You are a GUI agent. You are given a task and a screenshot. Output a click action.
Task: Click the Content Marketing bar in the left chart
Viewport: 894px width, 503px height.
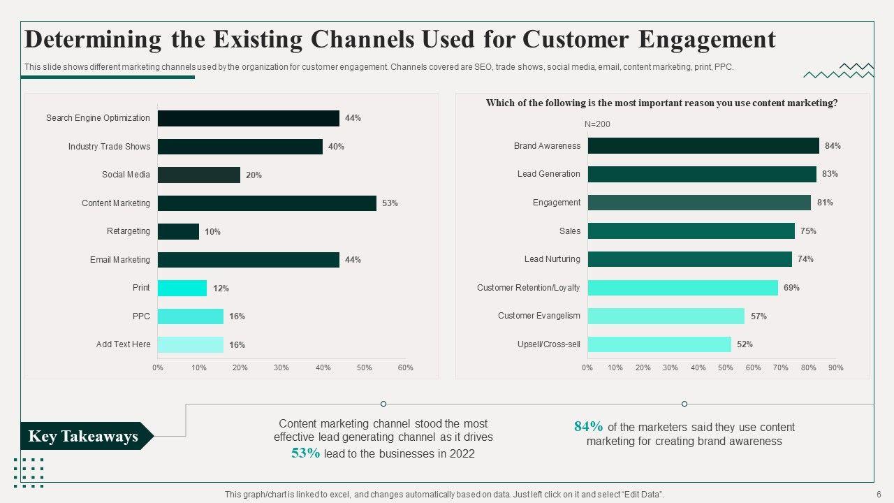(267, 203)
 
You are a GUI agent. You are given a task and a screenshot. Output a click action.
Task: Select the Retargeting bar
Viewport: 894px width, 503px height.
(178, 231)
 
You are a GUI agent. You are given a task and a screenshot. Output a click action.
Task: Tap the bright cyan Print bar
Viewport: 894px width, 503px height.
(182, 288)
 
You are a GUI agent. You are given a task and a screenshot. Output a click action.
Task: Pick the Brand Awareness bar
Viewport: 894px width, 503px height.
(703, 146)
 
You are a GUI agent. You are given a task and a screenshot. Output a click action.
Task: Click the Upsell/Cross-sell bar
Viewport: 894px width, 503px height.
(659, 344)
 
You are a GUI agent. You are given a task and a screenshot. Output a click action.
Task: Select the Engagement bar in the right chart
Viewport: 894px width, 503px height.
(699, 203)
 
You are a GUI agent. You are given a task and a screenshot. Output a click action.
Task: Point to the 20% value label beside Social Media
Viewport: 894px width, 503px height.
(254, 175)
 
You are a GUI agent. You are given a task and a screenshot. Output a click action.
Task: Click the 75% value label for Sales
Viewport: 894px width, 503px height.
(808, 231)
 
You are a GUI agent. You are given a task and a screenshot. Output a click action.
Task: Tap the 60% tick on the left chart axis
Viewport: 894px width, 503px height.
(406, 367)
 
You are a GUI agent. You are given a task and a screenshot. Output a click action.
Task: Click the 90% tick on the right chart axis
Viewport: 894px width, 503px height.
(835, 367)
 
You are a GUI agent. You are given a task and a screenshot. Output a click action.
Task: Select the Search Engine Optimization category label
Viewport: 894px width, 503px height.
(98, 118)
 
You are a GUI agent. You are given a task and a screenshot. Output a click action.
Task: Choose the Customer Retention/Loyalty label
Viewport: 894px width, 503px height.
(528, 288)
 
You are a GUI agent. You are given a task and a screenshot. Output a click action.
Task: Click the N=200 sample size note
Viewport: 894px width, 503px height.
(597, 124)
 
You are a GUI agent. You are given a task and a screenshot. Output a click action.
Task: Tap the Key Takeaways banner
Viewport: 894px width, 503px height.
(84, 437)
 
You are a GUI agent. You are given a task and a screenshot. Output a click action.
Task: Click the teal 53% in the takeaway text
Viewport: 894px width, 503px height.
(306, 453)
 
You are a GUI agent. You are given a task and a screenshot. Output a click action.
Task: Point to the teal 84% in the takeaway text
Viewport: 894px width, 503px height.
(588, 427)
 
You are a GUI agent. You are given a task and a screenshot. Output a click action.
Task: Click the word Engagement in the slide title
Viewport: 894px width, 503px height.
(707, 39)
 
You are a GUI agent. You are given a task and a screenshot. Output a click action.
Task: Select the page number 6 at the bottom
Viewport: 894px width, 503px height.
(879, 495)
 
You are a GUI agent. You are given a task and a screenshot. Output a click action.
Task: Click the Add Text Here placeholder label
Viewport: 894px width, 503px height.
(123, 344)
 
